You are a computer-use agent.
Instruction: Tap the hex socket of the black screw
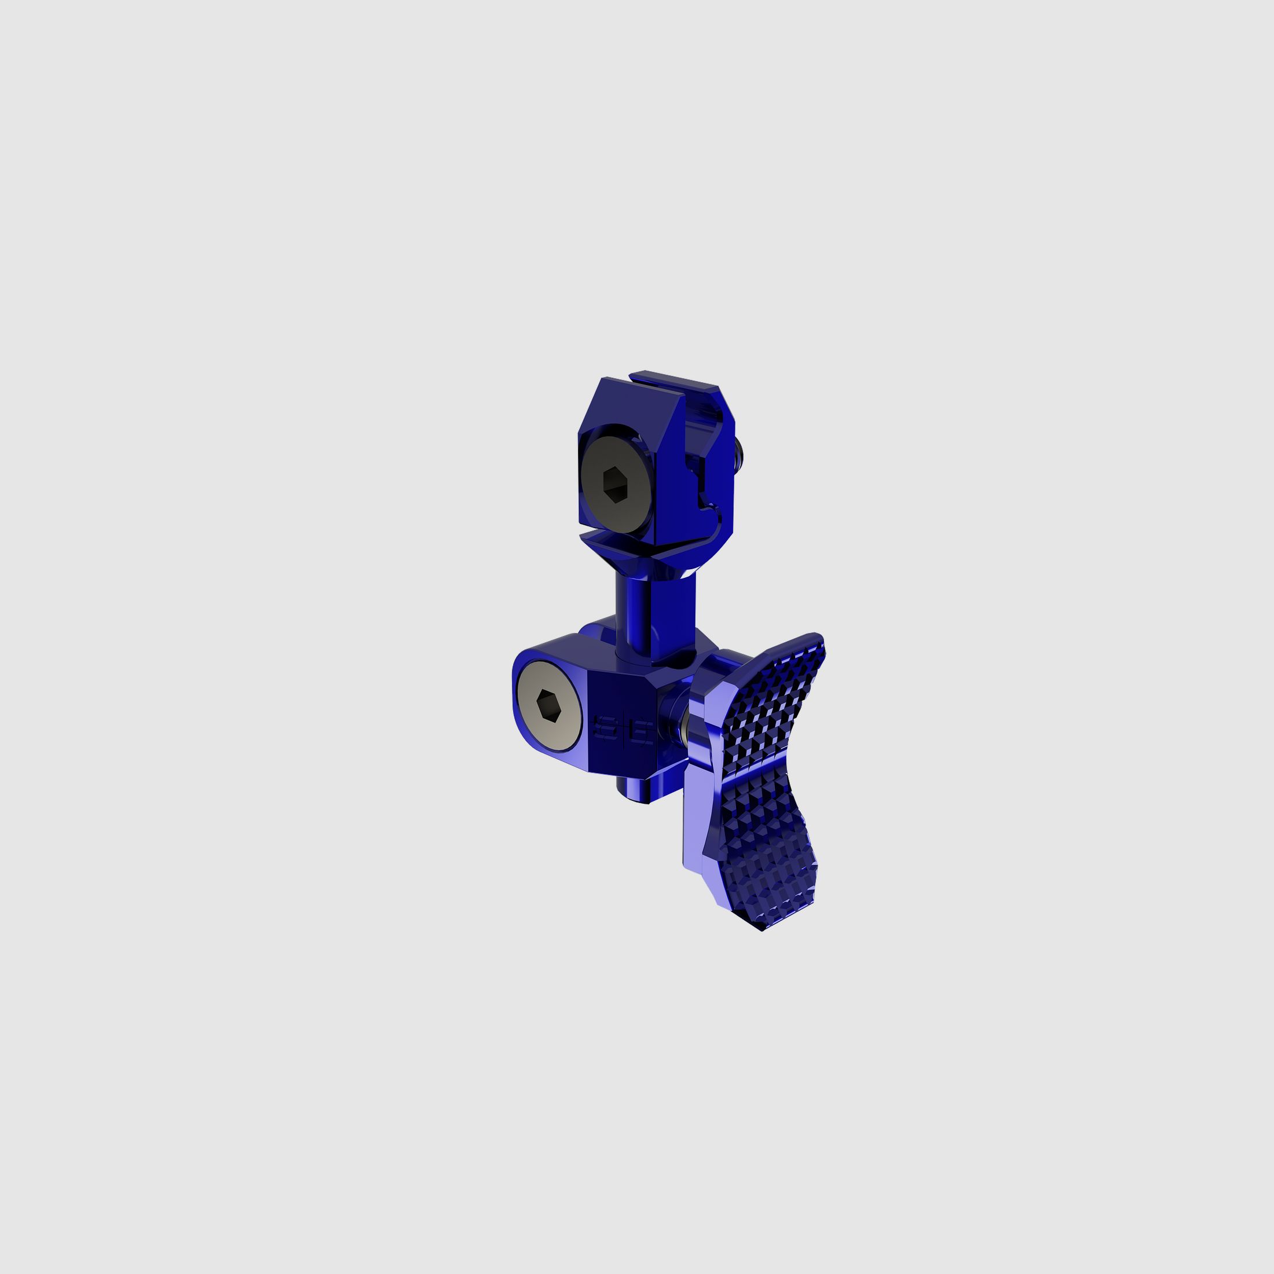[615, 485]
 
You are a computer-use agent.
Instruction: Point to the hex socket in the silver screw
[548, 705]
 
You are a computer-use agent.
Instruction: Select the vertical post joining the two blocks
[633, 613]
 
